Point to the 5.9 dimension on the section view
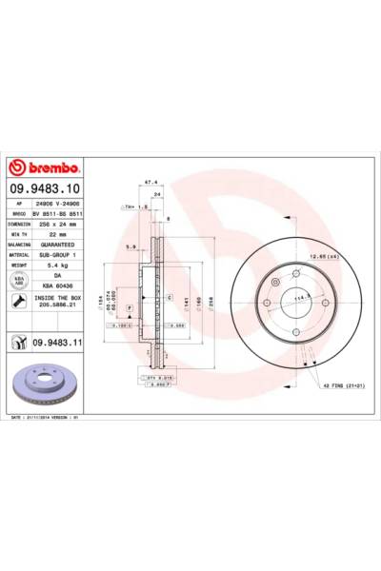pyautogui.click(x=130, y=246)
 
